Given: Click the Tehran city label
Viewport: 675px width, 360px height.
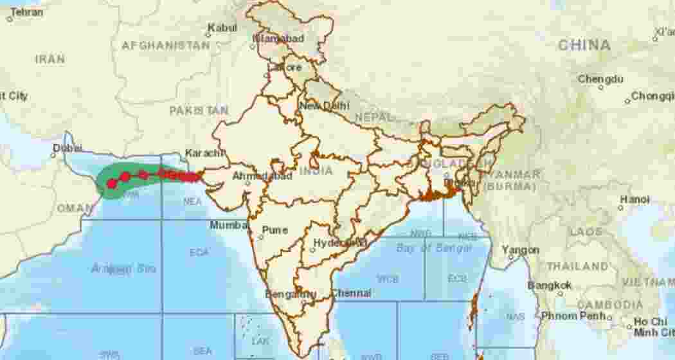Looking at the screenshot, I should tap(26, 12).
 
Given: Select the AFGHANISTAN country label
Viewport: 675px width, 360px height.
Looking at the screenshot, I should tap(165, 46).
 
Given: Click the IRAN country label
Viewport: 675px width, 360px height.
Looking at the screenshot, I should tap(50, 59).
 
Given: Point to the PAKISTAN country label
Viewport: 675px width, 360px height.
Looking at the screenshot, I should tap(199, 111).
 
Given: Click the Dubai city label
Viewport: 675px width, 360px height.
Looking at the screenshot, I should tap(67, 147).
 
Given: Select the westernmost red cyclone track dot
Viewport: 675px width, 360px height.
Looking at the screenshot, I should tap(112, 184).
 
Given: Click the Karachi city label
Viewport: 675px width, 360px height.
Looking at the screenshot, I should tap(204, 153).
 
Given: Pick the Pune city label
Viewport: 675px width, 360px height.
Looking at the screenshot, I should tap(274, 230).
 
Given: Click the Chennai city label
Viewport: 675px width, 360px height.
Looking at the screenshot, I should tap(351, 293).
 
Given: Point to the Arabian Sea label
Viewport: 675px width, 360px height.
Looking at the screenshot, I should tap(123, 268).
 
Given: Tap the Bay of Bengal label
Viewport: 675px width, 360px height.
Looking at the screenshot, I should tap(434, 248).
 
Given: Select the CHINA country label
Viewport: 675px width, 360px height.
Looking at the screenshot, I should tap(584, 45).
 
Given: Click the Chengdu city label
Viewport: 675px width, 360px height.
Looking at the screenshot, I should tap(600, 79).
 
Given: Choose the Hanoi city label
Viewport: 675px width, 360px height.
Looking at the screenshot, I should tap(634, 199).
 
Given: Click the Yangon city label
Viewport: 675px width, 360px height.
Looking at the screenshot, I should tap(520, 249).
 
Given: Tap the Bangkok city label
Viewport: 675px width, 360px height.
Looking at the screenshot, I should tap(550, 285).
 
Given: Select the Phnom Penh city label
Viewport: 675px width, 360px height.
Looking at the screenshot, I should tap(574, 316).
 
